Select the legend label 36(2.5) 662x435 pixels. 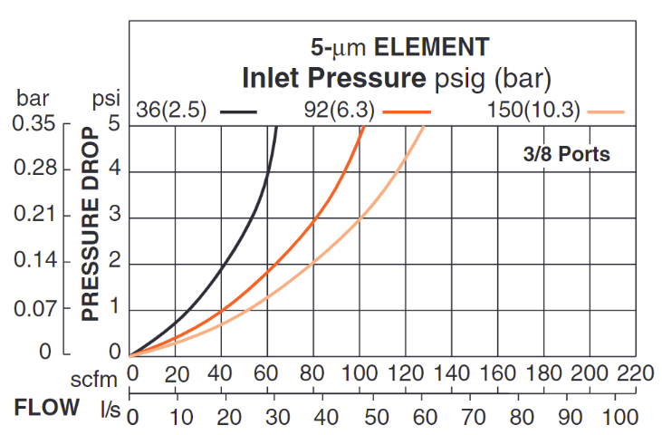point(172,111)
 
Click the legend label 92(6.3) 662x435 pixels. point(341,111)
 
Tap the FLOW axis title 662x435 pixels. point(46,408)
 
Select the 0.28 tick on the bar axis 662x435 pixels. point(34,169)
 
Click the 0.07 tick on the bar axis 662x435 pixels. point(34,309)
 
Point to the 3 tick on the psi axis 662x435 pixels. point(115,217)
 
